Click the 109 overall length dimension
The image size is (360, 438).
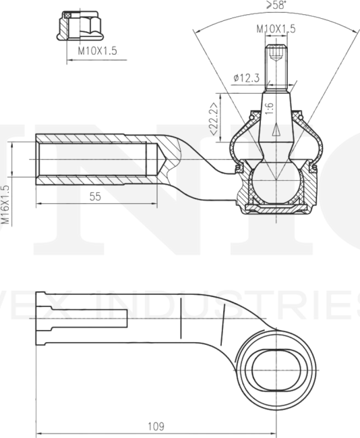pos(156,426)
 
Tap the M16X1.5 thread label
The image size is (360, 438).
pos(5,204)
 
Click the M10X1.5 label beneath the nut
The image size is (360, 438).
pos(98,51)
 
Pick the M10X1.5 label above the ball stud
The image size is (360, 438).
pos(276,29)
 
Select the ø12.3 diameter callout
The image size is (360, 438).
pos(247,78)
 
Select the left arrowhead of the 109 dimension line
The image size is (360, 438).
pos(38,433)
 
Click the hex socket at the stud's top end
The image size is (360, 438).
pos(276,51)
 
